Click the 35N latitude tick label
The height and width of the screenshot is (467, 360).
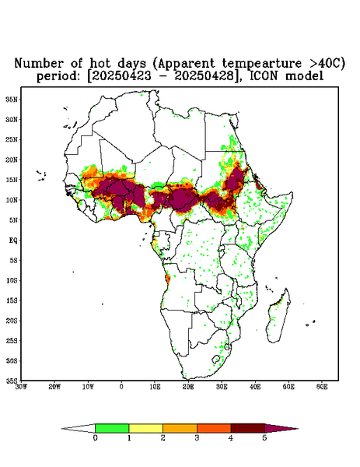(x=12, y=100)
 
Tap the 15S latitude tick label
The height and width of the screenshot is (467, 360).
(x=12, y=300)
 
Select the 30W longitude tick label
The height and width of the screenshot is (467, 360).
(x=21, y=387)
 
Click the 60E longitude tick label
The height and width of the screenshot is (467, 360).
(x=322, y=387)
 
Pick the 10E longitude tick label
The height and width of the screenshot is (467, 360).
(x=155, y=387)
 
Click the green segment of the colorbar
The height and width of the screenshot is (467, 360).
(x=112, y=428)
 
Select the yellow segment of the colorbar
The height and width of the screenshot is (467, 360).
(x=145, y=428)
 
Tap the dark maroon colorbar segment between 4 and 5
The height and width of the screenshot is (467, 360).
(x=248, y=428)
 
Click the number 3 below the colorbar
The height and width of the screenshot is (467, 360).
(x=197, y=438)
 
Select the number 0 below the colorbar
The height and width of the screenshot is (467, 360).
(x=95, y=438)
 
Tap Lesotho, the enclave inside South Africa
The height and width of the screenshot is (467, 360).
(x=216, y=359)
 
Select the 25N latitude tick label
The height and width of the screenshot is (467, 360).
(x=12, y=139)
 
